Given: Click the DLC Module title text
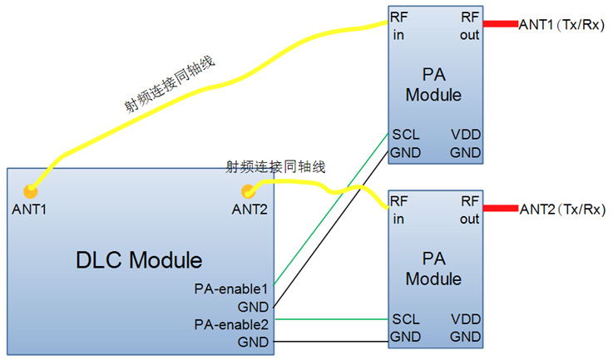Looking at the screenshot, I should [x=139, y=260].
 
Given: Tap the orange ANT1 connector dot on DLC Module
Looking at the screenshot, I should [x=30, y=191].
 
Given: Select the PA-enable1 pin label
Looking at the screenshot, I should [x=230, y=289].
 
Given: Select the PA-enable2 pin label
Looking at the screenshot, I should [x=230, y=323].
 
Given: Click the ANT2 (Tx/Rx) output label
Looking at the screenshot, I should [x=561, y=209].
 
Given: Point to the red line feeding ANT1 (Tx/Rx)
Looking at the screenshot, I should [x=500, y=23].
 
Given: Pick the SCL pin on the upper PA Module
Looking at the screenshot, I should [x=405, y=135].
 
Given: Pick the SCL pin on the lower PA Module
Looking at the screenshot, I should [x=405, y=319].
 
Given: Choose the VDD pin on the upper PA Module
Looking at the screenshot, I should [x=465, y=135].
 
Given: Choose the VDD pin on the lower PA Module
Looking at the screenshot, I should [x=465, y=319].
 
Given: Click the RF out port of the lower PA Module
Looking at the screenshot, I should [x=470, y=210].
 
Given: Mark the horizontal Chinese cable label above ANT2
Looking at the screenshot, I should [x=275, y=166].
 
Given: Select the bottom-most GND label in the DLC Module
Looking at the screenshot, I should [x=253, y=342].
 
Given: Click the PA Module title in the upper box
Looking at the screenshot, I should [x=433, y=86].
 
